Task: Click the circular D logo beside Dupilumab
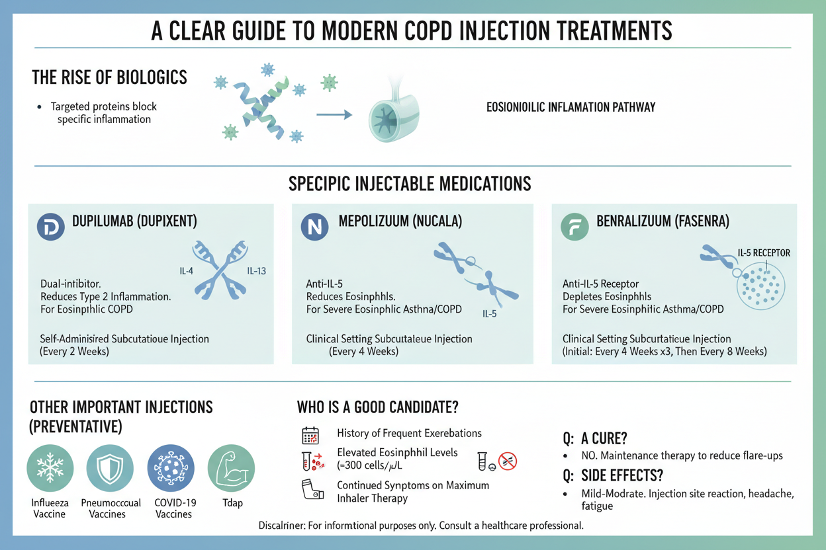[x=51, y=227]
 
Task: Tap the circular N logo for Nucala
[x=314, y=227]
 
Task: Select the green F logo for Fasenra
[x=574, y=227]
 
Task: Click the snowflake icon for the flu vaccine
[x=50, y=468]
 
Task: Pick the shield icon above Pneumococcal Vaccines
[x=110, y=468]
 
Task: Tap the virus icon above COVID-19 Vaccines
[x=171, y=468]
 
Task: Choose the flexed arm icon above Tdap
[x=231, y=468]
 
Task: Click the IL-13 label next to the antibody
[x=256, y=271]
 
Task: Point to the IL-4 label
[x=186, y=271]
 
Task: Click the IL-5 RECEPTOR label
[x=764, y=253]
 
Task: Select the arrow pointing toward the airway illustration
[x=334, y=114]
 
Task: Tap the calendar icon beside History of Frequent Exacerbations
[x=310, y=436]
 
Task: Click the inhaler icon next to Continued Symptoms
[x=312, y=489]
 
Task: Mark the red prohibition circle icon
[x=508, y=461]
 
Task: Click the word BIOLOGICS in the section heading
[x=152, y=77]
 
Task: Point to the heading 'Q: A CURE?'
[x=595, y=438]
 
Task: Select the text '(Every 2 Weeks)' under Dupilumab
[x=75, y=351]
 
